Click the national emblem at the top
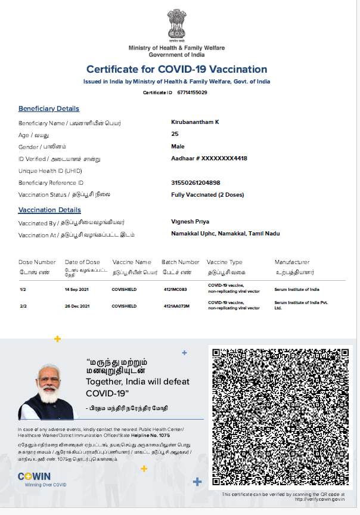tap(176, 24)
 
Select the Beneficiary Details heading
tap(49, 109)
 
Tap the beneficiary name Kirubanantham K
tap(195, 122)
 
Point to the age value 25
tap(175, 134)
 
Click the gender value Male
tap(178, 147)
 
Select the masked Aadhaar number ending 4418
tap(209, 159)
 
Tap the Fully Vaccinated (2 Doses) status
tap(207, 195)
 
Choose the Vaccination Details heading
tap(49, 210)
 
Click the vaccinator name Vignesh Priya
tap(190, 222)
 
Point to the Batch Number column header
tap(181, 262)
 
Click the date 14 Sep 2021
tap(77, 289)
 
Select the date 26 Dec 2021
tap(77, 306)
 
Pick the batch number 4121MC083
tap(175, 289)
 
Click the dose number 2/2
tap(23, 306)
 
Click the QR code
tap(278, 416)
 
